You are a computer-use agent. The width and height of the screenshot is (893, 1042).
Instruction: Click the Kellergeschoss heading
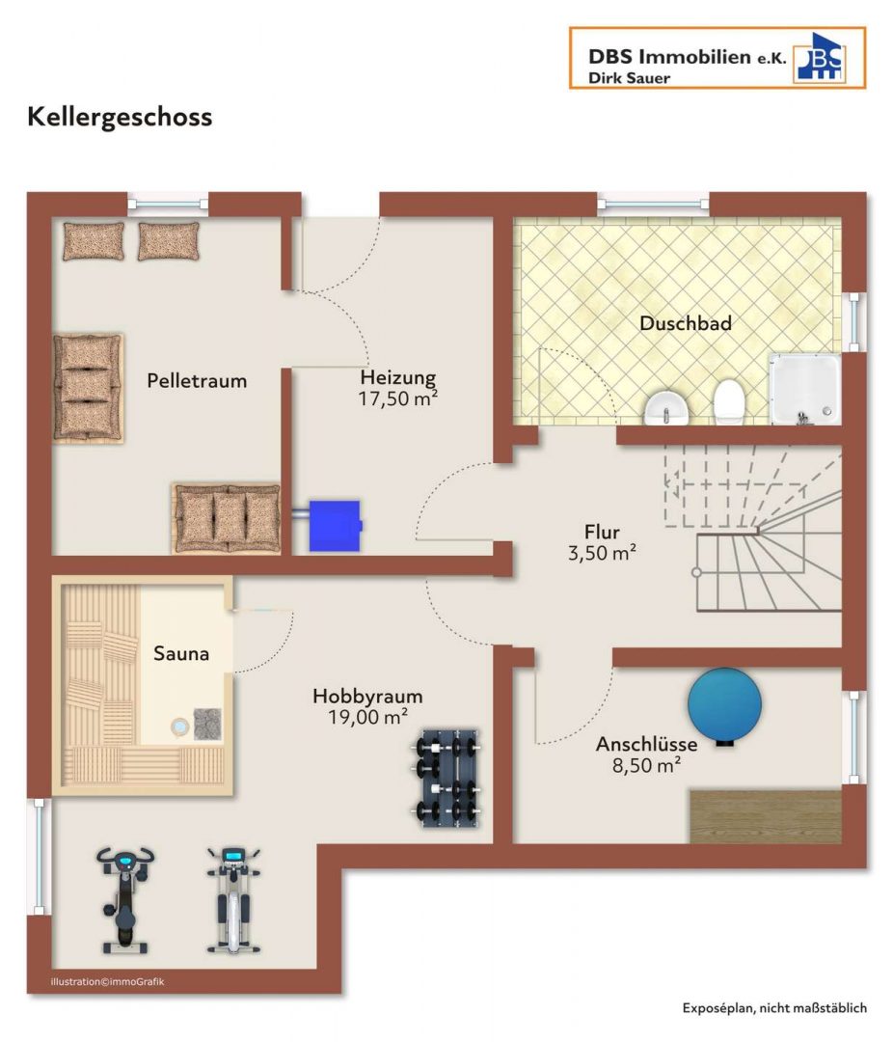(120, 118)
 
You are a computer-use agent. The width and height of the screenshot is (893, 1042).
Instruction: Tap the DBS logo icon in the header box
(820, 58)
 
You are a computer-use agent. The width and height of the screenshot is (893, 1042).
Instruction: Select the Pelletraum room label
(197, 381)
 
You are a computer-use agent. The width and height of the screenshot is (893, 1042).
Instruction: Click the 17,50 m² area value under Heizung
(398, 398)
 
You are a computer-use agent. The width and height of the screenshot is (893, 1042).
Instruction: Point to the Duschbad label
(685, 323)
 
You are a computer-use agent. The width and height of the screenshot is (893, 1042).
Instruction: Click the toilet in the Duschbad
(729, 401)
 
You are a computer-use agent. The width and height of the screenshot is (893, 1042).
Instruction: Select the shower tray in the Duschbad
(804, 389)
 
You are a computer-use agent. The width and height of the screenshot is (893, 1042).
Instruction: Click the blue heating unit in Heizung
(335, 526)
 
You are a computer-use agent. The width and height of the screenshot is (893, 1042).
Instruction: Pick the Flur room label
(602, 533)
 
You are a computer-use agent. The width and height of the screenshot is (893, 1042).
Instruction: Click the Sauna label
(180, 654)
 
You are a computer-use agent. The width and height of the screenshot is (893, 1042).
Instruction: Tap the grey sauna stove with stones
(207, 725)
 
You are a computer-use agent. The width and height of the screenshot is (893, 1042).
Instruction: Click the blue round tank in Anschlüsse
(724, 705)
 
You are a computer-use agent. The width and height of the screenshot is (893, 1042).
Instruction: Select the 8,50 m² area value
(646, 765)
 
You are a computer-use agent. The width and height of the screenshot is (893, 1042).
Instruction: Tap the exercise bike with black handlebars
(125, 900)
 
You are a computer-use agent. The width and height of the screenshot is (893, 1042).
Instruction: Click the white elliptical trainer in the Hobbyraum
(233, 900)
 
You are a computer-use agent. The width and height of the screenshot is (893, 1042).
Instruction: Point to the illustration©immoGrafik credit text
(107, 981)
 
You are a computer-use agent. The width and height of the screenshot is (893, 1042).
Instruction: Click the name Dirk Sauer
(629, 78)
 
